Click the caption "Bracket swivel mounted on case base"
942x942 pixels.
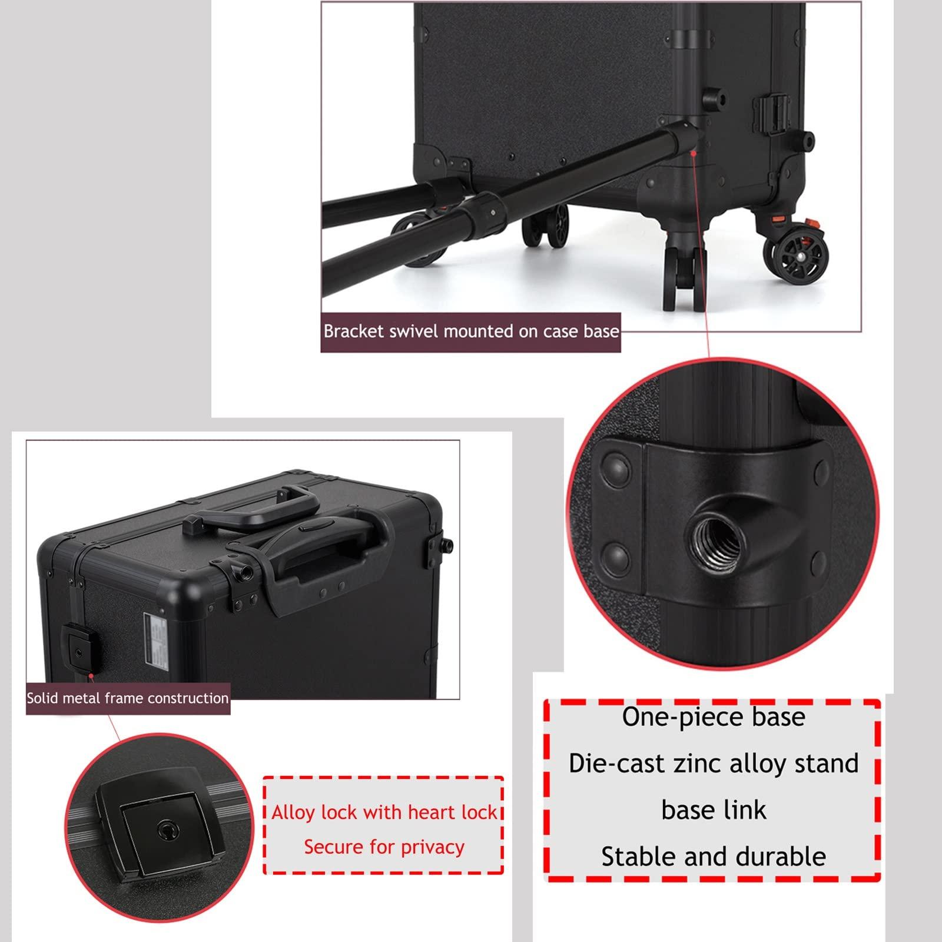click(x=471, y=331)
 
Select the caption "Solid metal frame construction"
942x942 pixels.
click(x=127, y=698)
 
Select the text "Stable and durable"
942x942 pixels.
click(x=714, y=857)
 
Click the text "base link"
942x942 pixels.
click(x=714, y=810)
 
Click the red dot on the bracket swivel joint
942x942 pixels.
click(x=694, y=152)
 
